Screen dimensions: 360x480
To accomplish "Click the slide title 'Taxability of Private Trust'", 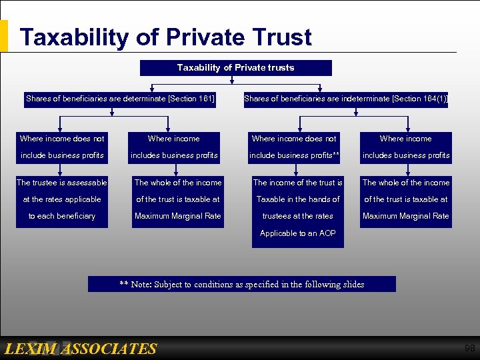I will coord(165,37).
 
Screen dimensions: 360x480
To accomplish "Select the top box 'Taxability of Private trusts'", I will coord(235,68).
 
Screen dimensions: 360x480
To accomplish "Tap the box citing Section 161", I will coord(120,99).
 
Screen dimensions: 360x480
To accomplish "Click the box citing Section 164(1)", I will coord(345,99).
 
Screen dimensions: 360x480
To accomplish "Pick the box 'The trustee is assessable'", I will coord(62,183).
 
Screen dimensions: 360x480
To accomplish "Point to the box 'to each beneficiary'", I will coord(62,216).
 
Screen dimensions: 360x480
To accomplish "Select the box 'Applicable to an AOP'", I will coord(298,233).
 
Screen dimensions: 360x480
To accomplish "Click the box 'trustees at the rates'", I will coord(298,216).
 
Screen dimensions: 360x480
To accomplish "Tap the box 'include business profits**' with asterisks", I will coord(294,155).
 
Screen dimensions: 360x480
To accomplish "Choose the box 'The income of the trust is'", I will coord(298,183).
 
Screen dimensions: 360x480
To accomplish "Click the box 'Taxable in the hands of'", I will coord(298,199).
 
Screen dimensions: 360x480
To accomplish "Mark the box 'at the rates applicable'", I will coord(62,199).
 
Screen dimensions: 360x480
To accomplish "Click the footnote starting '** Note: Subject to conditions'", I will coord(242,285).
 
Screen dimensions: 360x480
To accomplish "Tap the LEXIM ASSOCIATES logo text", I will coord(80,349).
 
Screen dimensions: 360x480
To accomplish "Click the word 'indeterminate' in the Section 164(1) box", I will coord(365,99).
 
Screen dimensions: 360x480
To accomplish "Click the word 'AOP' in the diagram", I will coord(327,233).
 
